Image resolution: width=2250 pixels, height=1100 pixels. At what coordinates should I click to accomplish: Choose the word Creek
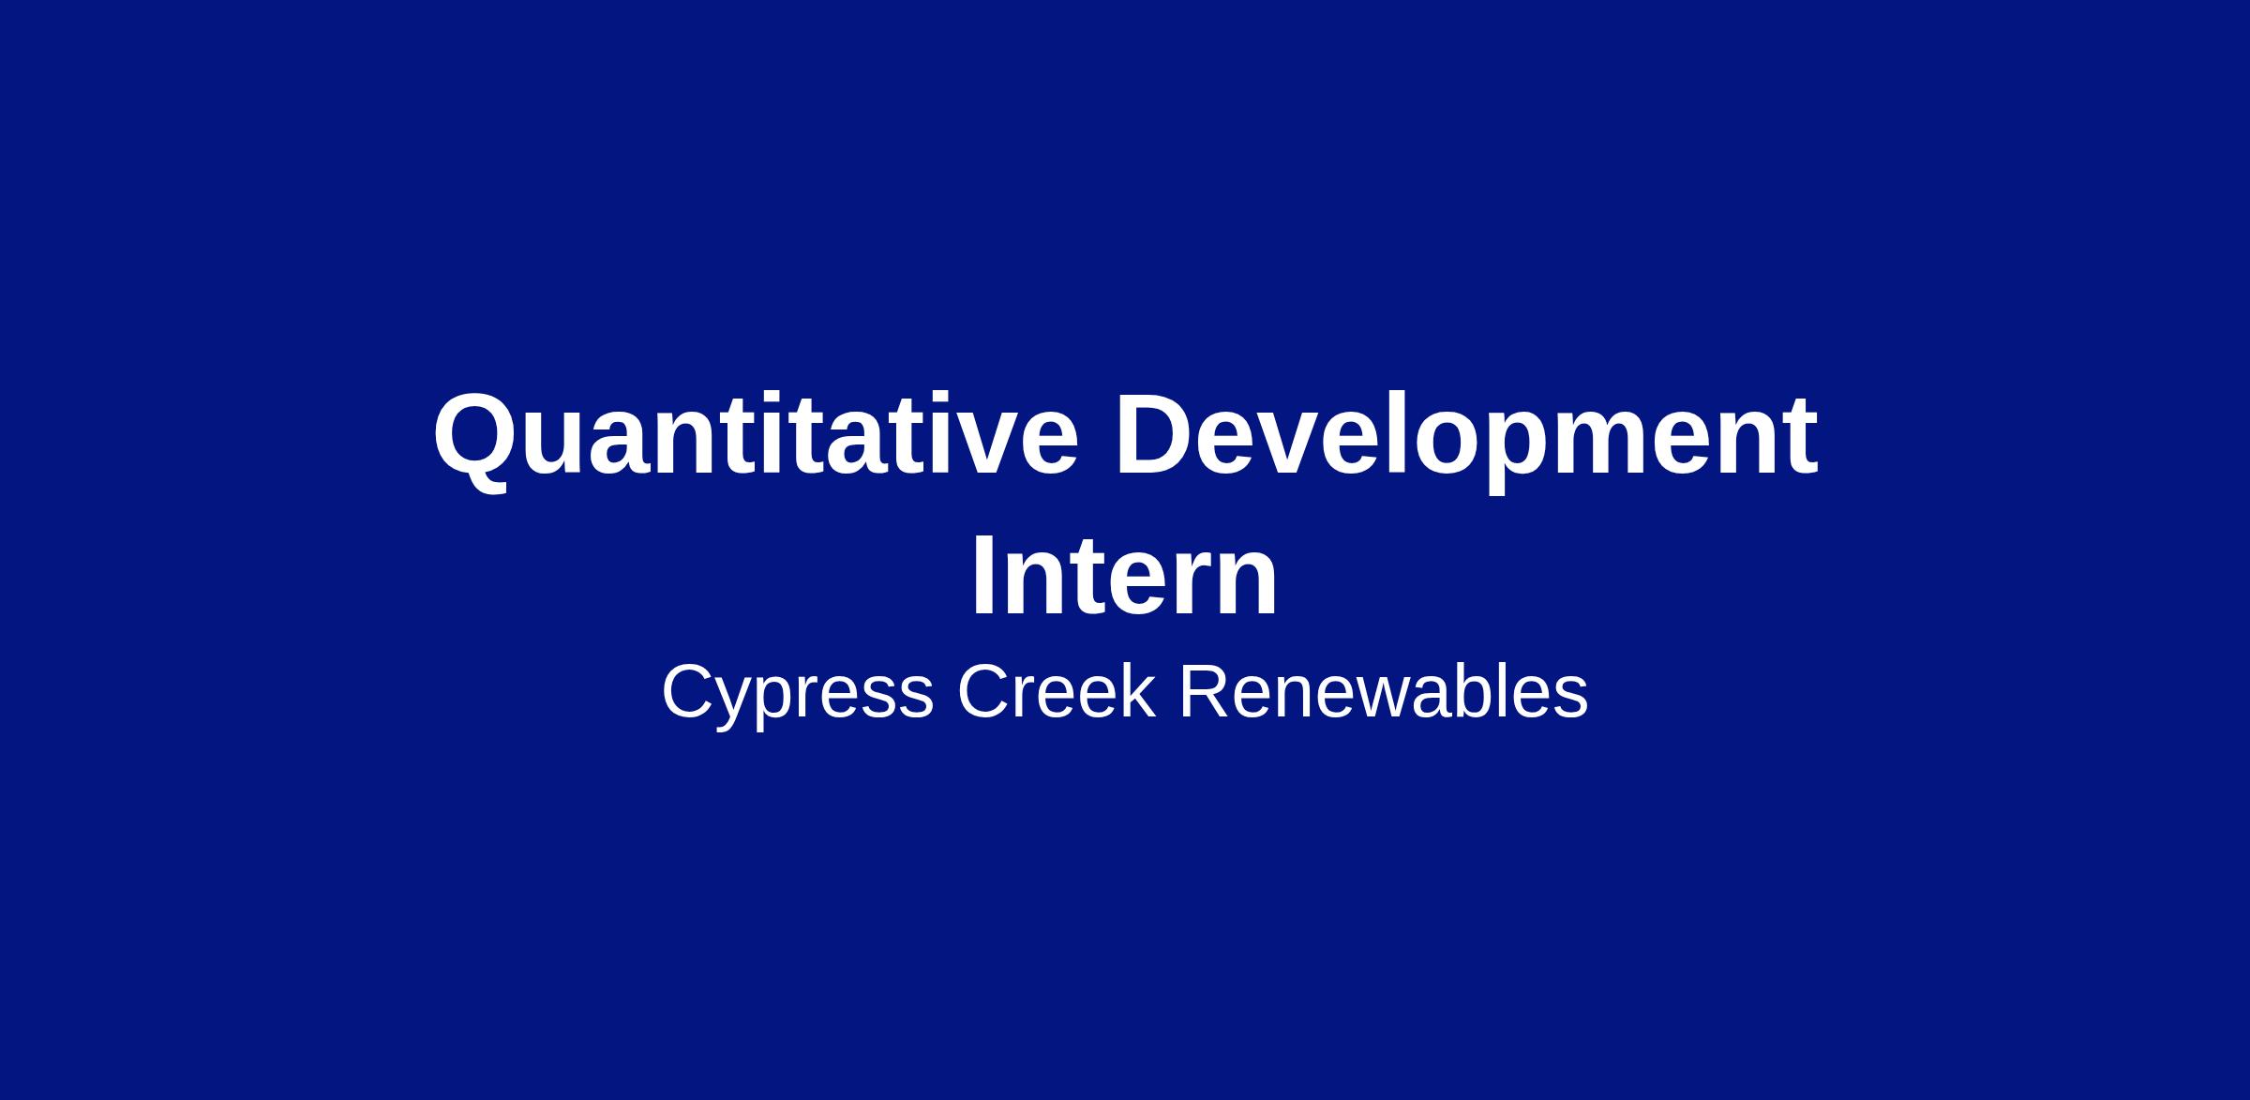click(x=1057, y=691)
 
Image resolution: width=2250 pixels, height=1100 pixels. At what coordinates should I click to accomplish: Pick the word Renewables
click(x=1383, y=691)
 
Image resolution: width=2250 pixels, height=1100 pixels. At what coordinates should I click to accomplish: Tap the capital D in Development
click(x=1157, y=433)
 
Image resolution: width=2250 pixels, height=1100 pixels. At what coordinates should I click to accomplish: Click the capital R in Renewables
click(x=1207, y=691)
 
